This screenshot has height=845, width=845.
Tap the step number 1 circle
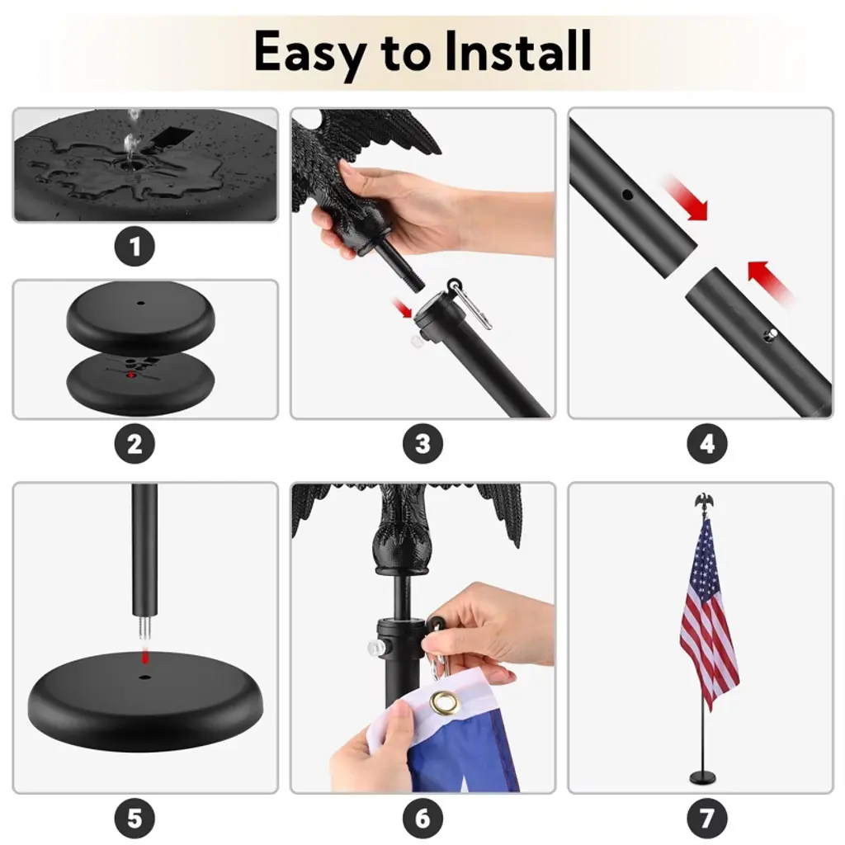coord(135,247)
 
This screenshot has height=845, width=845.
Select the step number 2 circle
coord(135,444)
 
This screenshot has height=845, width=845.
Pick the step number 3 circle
coord(423,444)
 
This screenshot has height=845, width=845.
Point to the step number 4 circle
coord(707,444)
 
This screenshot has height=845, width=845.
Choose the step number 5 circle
coord(135,819)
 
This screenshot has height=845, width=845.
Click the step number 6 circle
coord(423,819)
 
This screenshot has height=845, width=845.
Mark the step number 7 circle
coord(707,819)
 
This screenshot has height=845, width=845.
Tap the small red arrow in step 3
coord(403,309)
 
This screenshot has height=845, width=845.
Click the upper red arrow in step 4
coord(686,197)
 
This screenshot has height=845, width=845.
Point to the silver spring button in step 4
coord(772,334)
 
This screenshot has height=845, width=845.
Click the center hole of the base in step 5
coord(144,676)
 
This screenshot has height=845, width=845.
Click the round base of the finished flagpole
coord(703,777)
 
